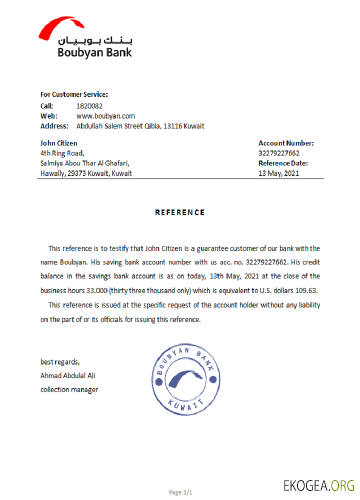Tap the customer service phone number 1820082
click(89, 106)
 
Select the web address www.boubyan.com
click(105, 116)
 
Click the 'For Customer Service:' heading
click(74, 94)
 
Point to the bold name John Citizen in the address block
click(58, 143)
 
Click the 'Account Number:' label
click(286, 143)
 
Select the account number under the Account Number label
click(279, 153)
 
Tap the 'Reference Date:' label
click(283, 163)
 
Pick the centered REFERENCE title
click(180, 212)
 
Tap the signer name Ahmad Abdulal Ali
click(67, 375)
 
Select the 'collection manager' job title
click(69, 389)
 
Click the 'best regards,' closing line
click(59, 361)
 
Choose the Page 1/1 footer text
click(180, 492)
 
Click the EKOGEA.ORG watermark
click(318, 485)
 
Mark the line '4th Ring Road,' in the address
click(62, 153)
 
